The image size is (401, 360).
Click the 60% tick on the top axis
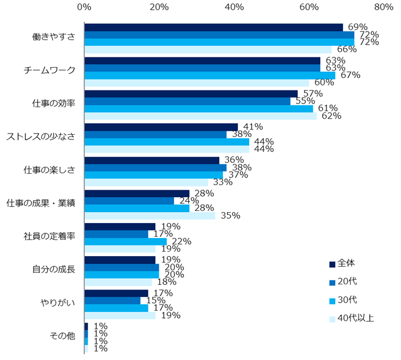click(x=309, y=7)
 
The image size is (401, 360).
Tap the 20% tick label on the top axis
click(x=159, y=7)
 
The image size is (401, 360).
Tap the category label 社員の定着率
click(x=49, y=236)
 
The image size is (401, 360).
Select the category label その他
click(x=62, y=336)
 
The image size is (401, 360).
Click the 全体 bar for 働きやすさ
click(x=213, y=28)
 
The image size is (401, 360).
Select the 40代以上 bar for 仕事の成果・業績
click(x=150, y=216)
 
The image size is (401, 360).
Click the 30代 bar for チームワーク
click(x=210, y=75)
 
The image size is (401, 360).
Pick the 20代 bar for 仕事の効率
click(x=187, y=101)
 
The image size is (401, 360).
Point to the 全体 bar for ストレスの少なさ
click(x=161, y=127)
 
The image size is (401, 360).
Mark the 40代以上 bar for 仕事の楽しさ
click(x=146, y=183)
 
